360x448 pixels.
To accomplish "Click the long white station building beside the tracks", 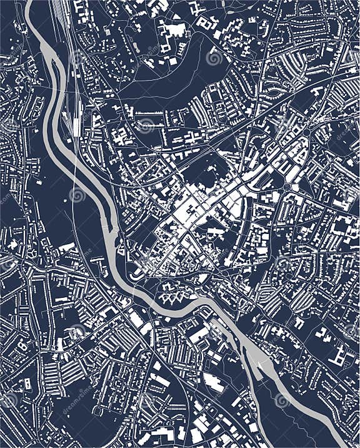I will point(77,125).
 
